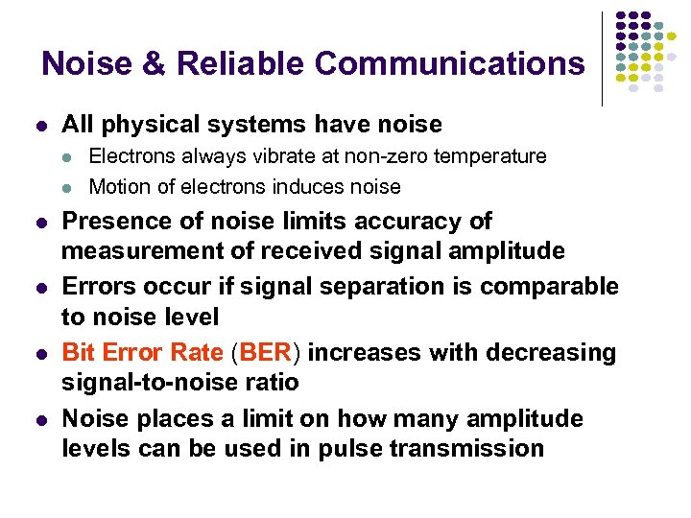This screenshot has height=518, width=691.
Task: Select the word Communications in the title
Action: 448,63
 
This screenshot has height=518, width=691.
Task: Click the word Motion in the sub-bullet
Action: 118,186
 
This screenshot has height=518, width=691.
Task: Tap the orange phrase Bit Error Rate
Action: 142,352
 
